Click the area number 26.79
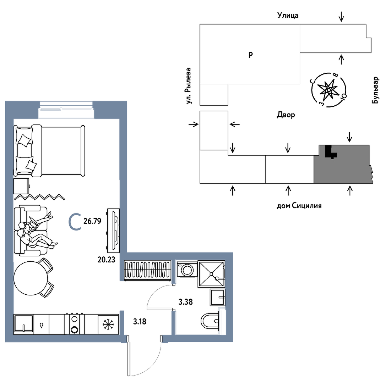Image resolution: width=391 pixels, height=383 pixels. coord(92,222)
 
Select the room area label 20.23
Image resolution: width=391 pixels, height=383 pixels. coord(107,259)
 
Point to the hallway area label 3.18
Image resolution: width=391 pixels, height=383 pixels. coord(140,322)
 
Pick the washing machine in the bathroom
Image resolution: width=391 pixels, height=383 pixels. coord(187,270)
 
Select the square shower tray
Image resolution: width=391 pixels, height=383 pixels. coord(211,274)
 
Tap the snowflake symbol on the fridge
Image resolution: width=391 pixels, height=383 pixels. coord(108,324)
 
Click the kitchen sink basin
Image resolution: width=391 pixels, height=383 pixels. coord(23,324)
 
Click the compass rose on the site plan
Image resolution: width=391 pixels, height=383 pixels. coord(329,90)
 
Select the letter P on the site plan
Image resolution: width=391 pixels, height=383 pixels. coord(250,55)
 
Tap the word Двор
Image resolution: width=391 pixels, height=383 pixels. coord(286,115)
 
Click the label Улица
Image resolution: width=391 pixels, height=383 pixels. coord(287,15)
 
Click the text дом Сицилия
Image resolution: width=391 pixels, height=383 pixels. coord(299,206)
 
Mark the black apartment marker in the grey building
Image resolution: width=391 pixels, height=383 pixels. coord(330,152)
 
